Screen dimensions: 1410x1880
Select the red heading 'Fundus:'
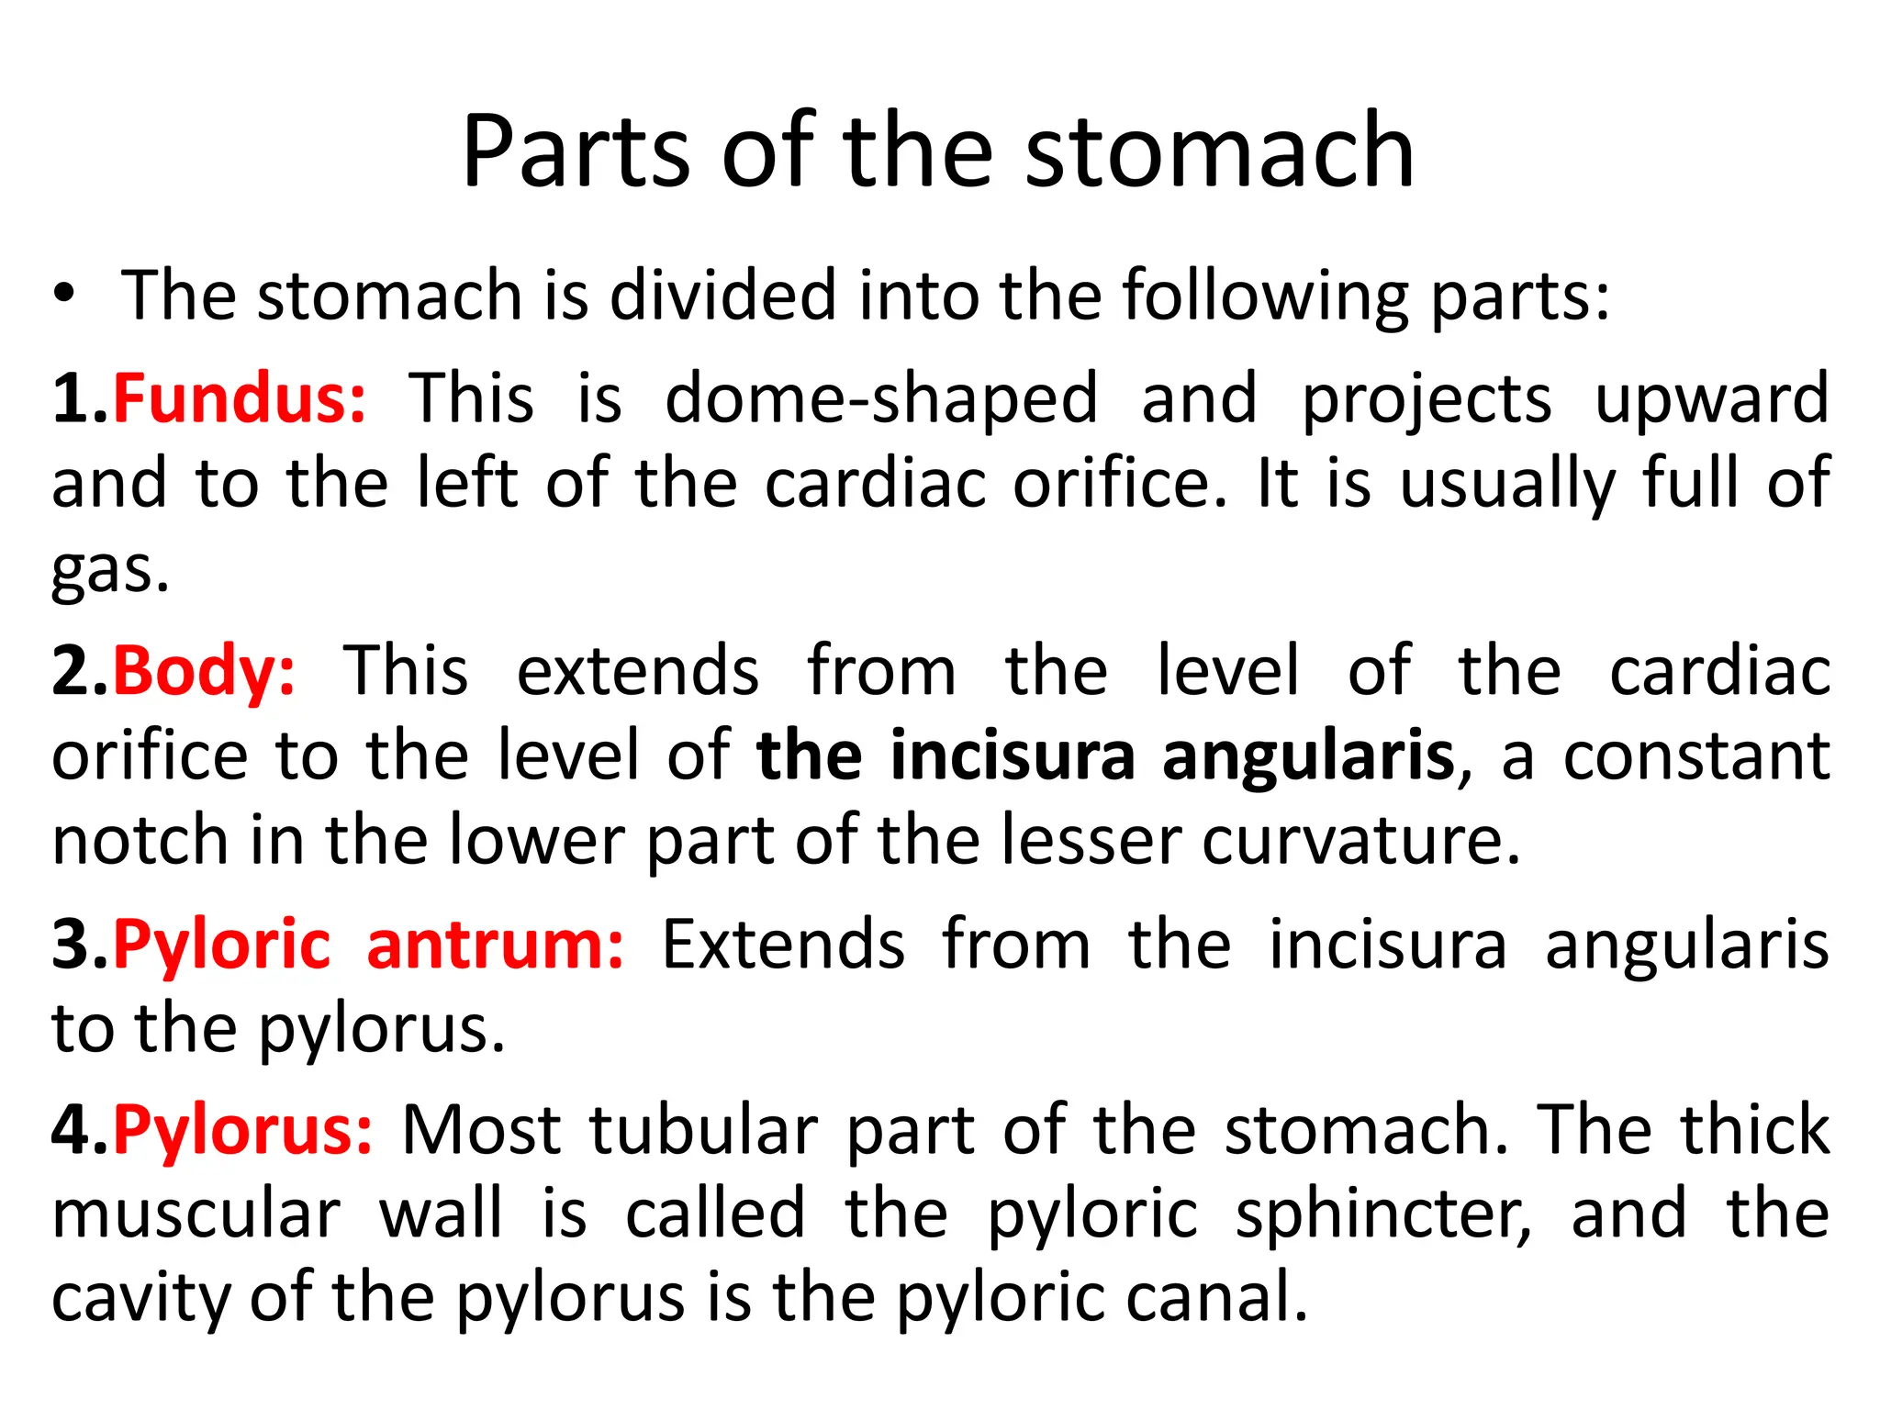(240, 399)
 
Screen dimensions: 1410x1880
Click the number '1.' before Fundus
(80, 399)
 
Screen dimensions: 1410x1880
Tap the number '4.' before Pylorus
(80, 1130)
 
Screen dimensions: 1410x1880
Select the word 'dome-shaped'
(881, 399)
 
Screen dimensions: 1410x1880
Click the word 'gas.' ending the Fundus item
(110, 571)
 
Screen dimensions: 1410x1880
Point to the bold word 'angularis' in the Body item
(1308, 755)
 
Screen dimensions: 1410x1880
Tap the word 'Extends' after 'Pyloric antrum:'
(783, 946)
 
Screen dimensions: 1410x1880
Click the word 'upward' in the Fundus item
(1712, 399)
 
